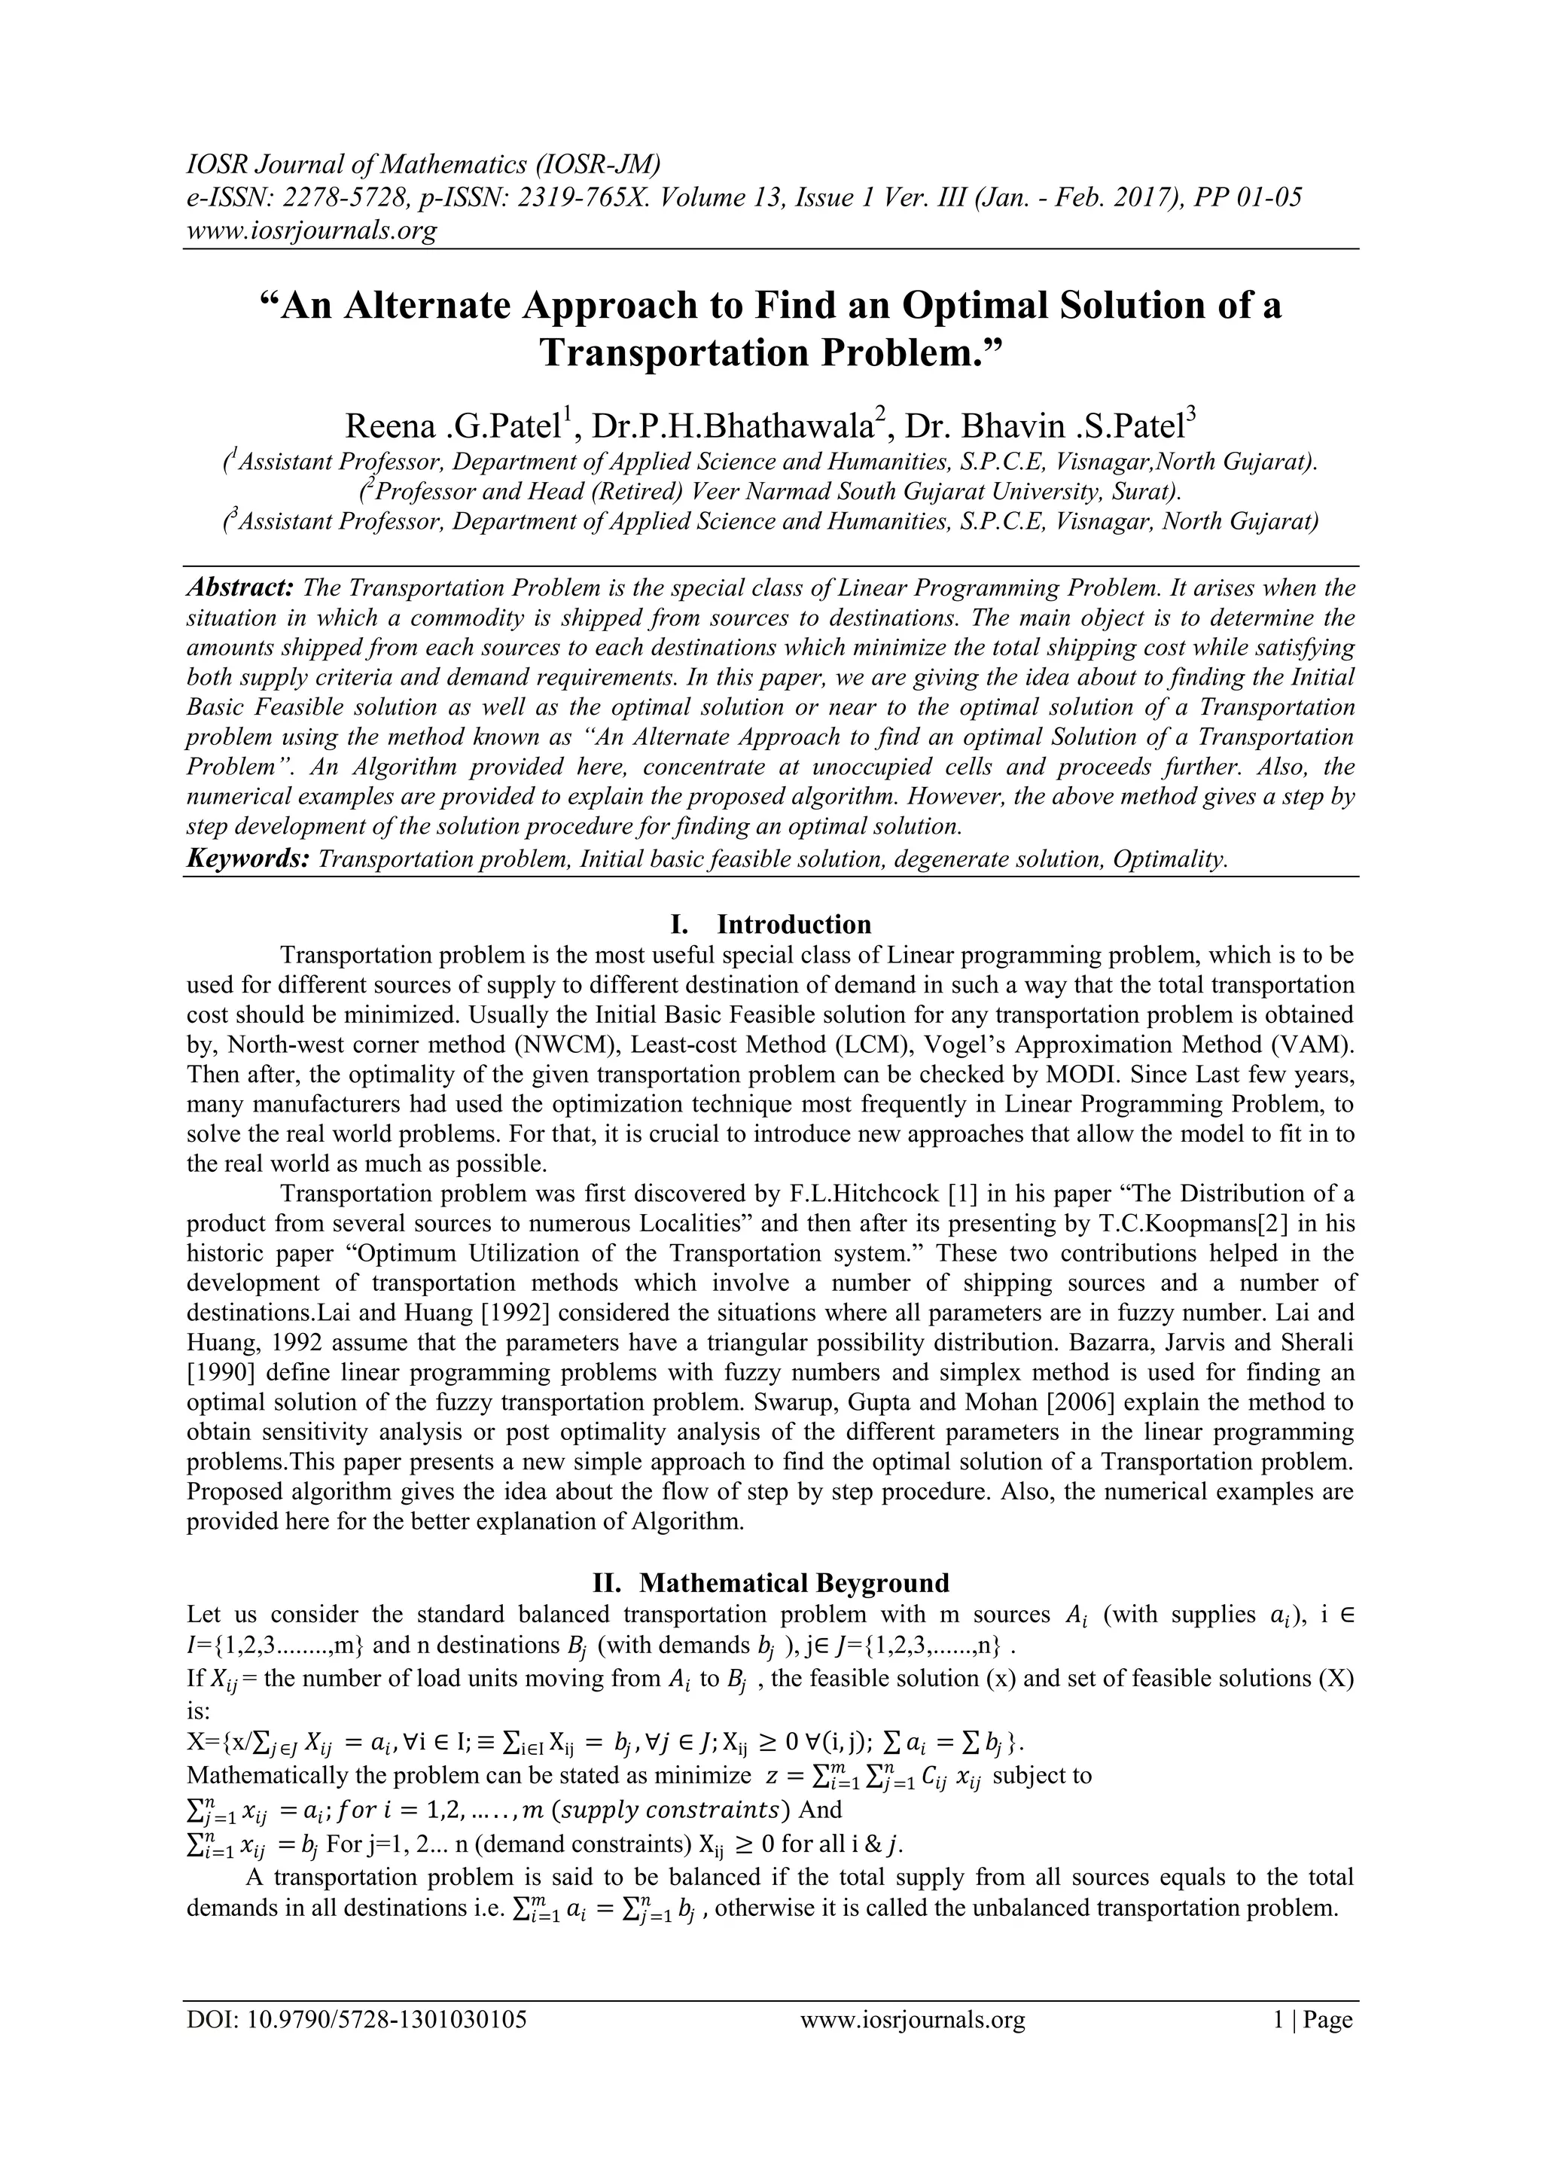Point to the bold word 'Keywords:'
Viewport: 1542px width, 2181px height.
[x=248, y=859]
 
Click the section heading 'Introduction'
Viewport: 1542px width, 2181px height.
[x=794, y=924]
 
